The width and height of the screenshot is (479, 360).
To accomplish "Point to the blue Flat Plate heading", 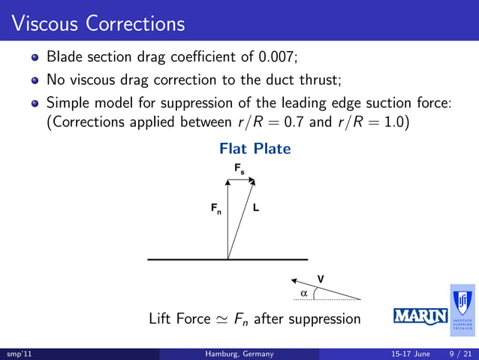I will (255, 149).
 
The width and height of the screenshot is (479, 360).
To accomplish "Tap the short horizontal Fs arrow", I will (242, 180).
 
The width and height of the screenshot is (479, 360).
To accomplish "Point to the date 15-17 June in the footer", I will (410, 353).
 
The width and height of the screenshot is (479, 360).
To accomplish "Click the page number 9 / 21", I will (458, 353).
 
